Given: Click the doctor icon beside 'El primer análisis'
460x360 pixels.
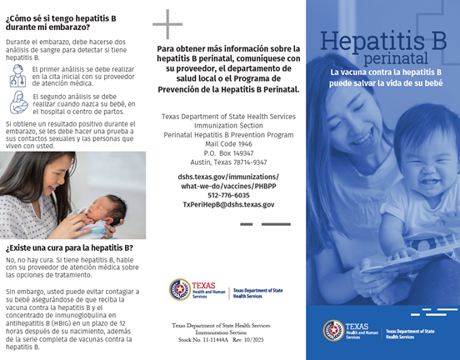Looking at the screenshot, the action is [17, 76].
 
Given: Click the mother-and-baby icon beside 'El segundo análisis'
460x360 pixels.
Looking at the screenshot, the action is [17, 102].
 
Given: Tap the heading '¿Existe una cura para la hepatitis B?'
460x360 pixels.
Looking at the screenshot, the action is [69, 247].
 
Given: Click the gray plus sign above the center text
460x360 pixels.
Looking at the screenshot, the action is [167, 24].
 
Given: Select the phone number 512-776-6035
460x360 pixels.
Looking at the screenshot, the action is [228, 195].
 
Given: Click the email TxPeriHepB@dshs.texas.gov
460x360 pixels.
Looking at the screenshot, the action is [228, 204].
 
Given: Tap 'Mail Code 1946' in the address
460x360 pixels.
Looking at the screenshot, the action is [228, 143].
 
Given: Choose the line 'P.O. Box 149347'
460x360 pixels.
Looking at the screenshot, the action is [228, 152].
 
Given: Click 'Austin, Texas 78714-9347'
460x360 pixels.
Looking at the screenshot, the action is [228, 162].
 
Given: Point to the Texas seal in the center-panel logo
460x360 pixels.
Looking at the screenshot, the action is [180, 289].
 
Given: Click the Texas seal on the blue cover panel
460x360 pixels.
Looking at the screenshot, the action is [334, 330].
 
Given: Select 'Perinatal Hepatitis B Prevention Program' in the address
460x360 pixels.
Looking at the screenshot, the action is [228, 134].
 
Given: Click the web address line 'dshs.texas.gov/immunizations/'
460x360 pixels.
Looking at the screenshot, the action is [228, 177].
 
